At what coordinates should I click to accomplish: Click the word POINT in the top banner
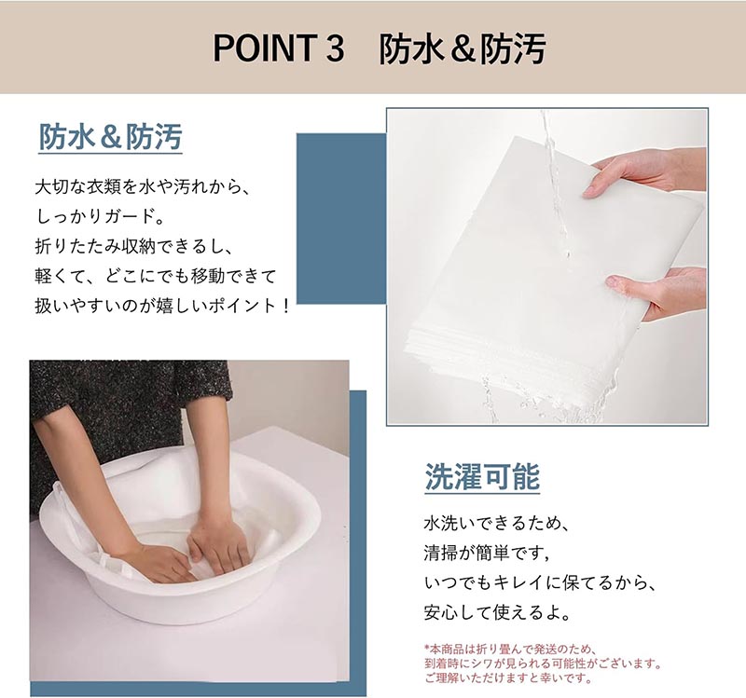click(265, 48)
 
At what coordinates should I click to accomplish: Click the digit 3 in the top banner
click(336, 48)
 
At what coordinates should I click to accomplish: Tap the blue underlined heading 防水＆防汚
click(110, 137)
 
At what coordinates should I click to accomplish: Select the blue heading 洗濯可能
click(482, 477)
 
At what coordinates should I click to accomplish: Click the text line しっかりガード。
click(100, 217)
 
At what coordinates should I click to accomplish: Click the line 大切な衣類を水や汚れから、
click(143, 187)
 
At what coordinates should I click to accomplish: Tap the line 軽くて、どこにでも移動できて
click(156, 276)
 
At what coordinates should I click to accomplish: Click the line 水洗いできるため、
click(497, 524)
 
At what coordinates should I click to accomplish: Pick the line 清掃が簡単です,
click(487, 553)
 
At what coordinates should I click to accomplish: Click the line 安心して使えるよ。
click(497, 613)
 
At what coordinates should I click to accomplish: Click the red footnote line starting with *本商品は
click(510, 649)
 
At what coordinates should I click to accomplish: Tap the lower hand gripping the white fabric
click(659, 293)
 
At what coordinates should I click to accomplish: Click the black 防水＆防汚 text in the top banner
click(462, 48)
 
